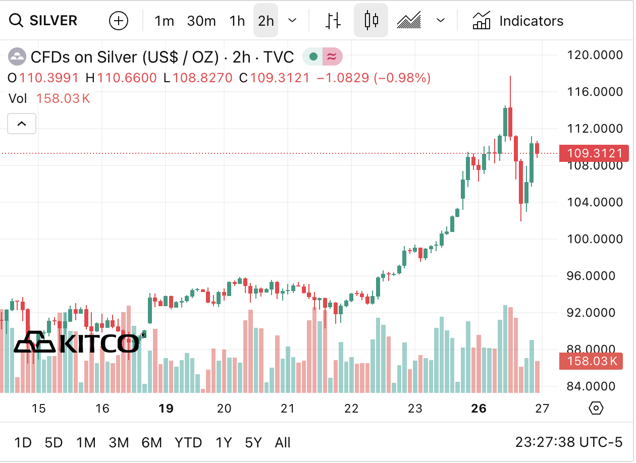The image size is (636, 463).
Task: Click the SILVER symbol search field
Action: [x=44, y=21]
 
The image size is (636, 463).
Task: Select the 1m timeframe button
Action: [x=164, y=21]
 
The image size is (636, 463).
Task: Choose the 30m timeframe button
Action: [x=201, y=21]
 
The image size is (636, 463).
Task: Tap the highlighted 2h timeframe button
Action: [x=266, y=21]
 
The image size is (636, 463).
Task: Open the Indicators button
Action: [x=518, y=21]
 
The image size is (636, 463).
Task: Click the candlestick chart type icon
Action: [x=371, y=21]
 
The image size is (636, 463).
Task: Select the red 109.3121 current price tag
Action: [x=594, y=153]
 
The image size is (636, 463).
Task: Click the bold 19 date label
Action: [x=166, y=409]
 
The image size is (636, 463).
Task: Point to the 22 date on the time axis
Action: [x=351, y=409]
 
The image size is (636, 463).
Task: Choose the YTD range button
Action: [x=188, y=443]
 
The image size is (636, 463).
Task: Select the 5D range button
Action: [x=54, y=443]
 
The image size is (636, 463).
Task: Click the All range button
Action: [x=283, y=443]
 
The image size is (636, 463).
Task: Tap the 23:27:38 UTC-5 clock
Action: [x=568, y=443]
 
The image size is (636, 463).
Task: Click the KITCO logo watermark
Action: [x=77, y=343]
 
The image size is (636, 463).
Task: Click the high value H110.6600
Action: [x=121, y=78]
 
